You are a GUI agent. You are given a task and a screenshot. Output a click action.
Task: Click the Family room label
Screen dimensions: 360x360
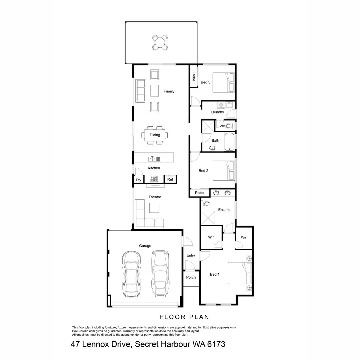pos(169,91)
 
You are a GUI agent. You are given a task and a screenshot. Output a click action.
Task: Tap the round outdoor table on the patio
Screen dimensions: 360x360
pos(160,42)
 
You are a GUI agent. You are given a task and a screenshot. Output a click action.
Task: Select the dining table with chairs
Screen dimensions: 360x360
pos(155,135)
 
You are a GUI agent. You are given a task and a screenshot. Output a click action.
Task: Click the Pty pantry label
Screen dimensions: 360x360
pos(138,180)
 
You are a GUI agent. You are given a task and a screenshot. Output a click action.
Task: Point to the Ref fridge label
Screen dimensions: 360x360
pos(170,180)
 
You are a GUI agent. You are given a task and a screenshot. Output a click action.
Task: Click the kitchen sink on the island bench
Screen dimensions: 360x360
pos(152,159)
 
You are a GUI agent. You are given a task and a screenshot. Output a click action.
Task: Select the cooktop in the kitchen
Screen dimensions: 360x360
pos(154,179)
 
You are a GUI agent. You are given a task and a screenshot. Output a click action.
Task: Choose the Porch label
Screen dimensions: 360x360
pos(191,277)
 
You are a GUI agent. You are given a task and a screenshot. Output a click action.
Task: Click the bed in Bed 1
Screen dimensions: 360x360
pos(239,273)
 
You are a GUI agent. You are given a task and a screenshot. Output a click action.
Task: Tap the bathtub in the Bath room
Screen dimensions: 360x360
pos(229,142)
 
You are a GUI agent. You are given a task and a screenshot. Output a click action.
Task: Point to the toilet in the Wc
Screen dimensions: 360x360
pos(229,126)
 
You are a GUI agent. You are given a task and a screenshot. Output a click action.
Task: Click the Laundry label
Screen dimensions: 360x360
pos(217,112)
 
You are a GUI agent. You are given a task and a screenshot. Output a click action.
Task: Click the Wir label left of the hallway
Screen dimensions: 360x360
pos(211,237)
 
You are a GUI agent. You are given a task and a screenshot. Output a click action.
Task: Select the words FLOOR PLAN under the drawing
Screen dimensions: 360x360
pos(184,317)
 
